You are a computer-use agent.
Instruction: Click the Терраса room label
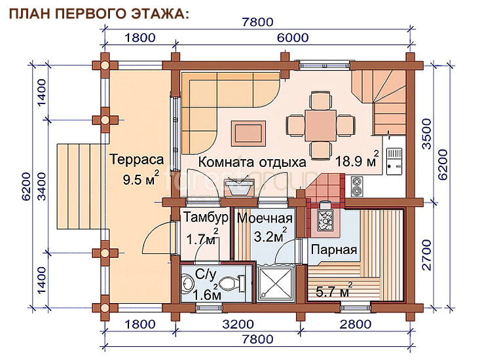tap(137, 160)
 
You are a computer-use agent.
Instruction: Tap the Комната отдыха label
tap(251, 162)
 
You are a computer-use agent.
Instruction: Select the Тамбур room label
tap(206, 217)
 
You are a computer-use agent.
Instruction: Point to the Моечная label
tap(265, 219)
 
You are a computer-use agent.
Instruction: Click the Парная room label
tap(334, 249)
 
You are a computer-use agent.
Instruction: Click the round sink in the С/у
tap(187, 284)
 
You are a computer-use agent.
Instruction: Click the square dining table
tap(321, 125)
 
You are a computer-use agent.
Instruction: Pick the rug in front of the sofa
tap(248, 134)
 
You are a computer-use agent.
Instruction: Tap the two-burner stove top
tap(357, 187)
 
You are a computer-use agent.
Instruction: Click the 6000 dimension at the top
tap(293, 38)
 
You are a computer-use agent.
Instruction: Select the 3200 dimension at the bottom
tap(238, 325)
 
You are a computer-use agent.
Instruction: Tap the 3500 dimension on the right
tap(427, 134)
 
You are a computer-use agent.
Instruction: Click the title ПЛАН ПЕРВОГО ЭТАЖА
tap(99, 14)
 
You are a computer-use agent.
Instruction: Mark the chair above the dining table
tap(321, 100)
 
